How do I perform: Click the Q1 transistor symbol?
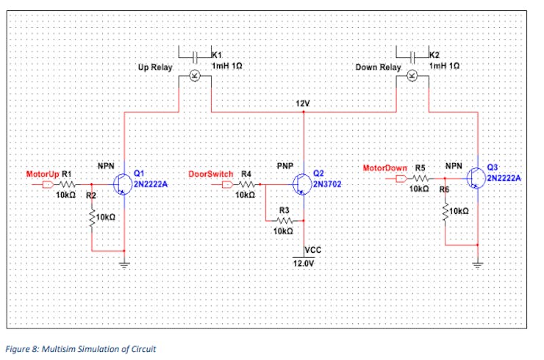122,184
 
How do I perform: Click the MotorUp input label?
43,174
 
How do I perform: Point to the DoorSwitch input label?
211,174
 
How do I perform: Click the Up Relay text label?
155,68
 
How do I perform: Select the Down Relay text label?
378,68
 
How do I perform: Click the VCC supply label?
314,251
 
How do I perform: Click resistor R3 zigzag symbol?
283,220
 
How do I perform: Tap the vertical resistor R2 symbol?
92,217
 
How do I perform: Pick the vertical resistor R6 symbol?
445,212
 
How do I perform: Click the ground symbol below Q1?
124,265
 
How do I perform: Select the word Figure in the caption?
20,347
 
